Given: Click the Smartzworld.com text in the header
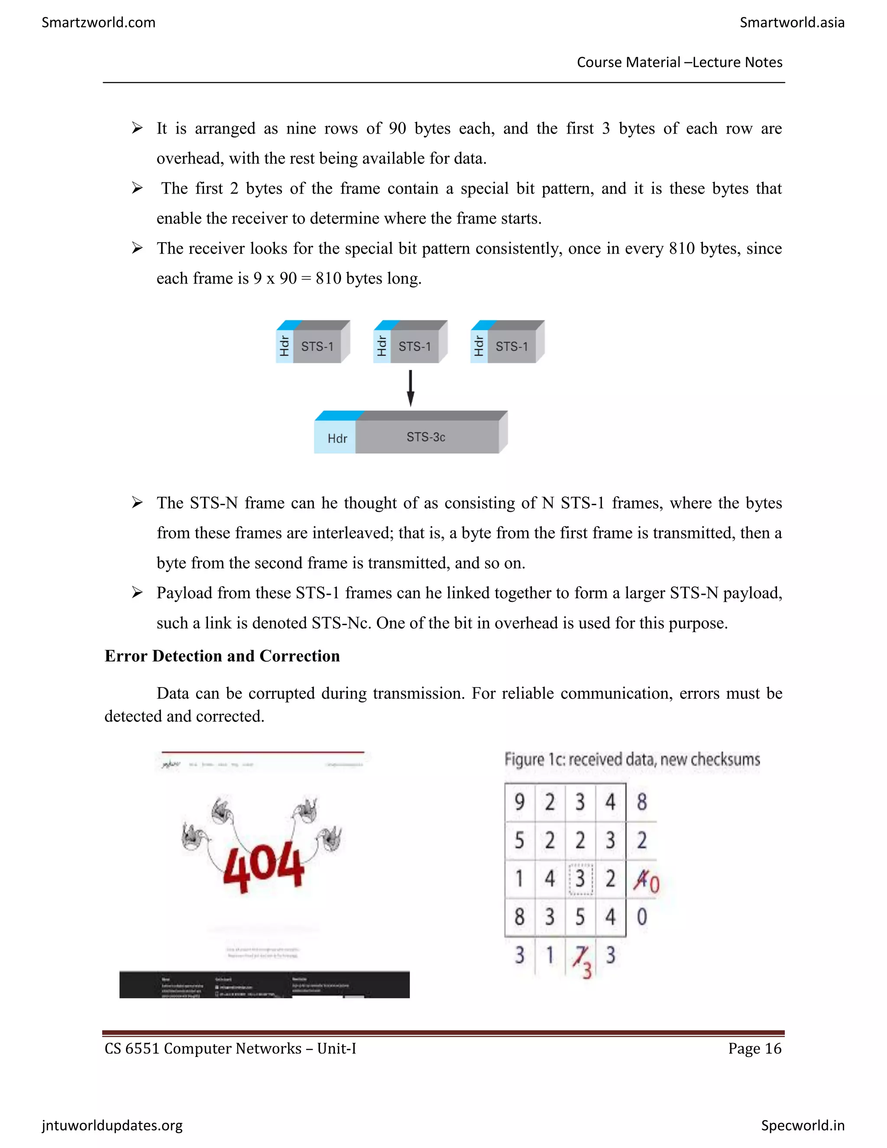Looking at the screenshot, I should (x=98, y=23).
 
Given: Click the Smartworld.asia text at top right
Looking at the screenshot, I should (x=791, y=23).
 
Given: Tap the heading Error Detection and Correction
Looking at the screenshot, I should (x=222, y=656).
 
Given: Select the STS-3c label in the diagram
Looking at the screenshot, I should (x=426, y=437).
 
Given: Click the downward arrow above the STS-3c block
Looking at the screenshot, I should (x=411, y=388).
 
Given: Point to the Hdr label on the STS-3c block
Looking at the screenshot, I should (x=337, y=438).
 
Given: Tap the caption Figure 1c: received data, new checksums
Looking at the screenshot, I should (x=631, y=759).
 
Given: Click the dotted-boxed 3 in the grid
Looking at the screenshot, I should (x=580, y=879).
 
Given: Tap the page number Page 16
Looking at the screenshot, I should (x=754, y=1049).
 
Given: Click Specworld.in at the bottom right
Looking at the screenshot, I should (x=803, y=1125).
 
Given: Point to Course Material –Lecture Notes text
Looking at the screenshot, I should (x=680, y=62).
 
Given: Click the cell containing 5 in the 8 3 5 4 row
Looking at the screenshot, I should (x=580, y=917).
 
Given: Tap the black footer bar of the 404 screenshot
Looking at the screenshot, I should (x=264, y=985).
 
